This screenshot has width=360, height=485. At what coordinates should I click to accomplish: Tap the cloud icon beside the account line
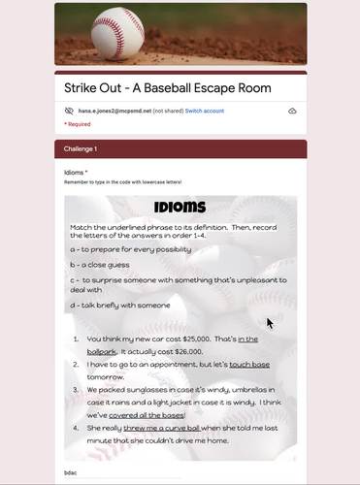pyautogui.click(x=292, y=112)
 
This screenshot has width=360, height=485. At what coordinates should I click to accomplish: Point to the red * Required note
pyautogui.click(x=78, y=124)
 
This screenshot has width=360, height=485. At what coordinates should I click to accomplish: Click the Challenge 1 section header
pyautogui.click(x=81, y=148)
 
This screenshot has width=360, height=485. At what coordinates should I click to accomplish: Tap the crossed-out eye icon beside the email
pyautogui.click(x=69, y=112)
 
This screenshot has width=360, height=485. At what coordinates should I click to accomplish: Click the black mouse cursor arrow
pyautogui.click(x=271, y=323)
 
